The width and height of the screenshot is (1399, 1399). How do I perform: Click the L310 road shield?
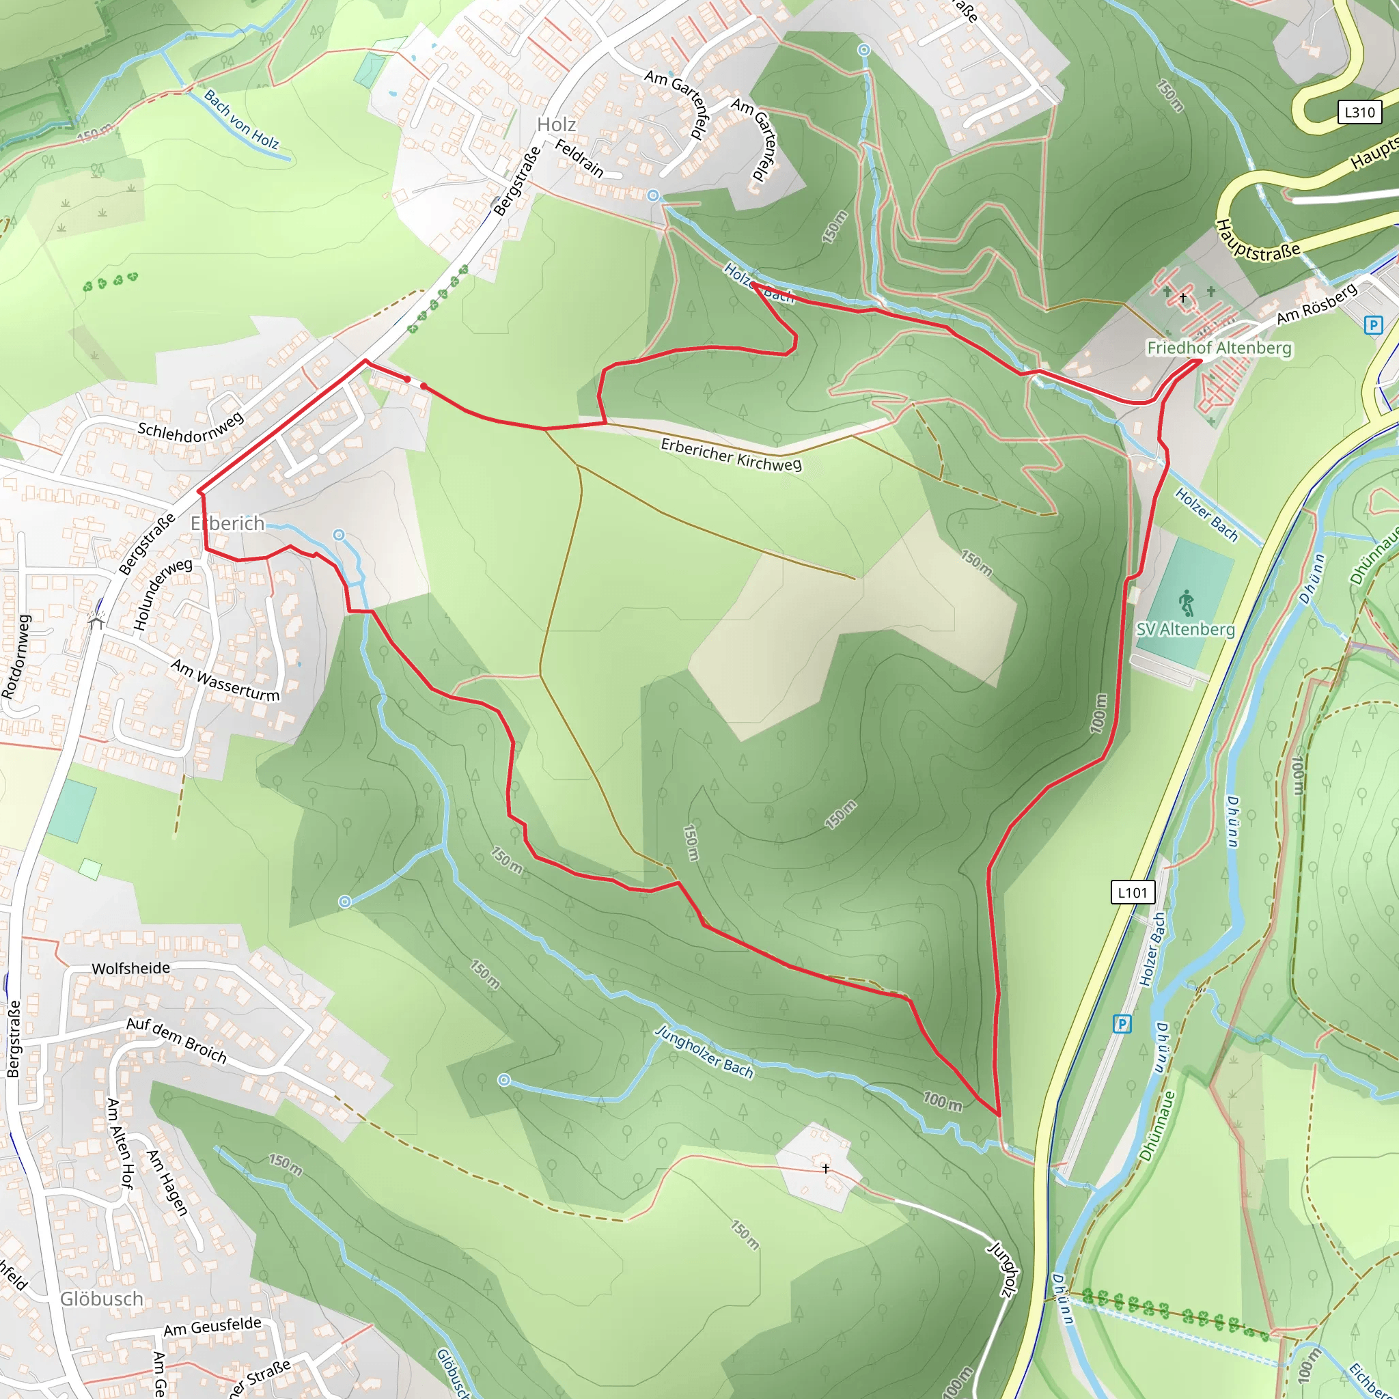1359,112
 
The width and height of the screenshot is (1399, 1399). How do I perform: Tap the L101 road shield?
1133,892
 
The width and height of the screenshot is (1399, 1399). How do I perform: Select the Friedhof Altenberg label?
1219,348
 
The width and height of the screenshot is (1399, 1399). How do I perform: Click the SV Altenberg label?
1185,629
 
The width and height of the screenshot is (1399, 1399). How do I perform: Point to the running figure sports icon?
1185,602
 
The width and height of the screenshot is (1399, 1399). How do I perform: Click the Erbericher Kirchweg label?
732,455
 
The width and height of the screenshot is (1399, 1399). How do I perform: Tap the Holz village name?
556,124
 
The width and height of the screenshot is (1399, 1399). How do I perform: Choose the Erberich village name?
227,523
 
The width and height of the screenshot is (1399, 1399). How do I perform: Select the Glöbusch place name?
101,1299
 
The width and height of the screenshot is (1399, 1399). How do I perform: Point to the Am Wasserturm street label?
225,680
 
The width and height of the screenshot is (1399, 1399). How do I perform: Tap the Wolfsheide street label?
131,969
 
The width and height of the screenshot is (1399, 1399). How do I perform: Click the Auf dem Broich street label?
177,1040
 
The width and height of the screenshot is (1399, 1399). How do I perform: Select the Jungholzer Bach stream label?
704,1051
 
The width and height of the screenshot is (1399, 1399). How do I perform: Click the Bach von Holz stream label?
241,119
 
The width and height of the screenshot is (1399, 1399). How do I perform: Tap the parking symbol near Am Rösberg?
1373,325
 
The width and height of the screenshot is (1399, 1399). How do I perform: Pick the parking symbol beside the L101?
1122,1024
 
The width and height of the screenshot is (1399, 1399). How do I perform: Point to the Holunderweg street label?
163,594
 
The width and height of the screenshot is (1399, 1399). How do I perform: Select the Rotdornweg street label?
16,656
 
